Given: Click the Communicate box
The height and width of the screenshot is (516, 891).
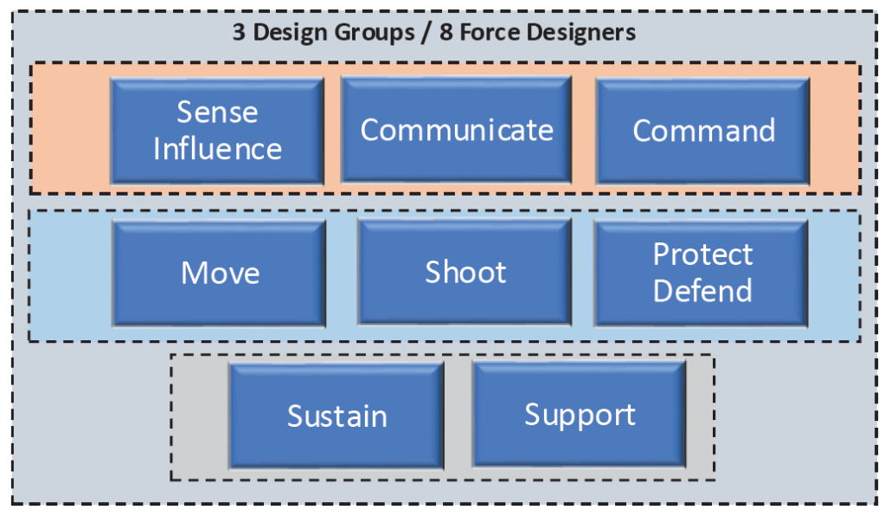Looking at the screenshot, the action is (456, 130).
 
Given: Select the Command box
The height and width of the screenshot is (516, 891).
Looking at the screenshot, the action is (703, 131).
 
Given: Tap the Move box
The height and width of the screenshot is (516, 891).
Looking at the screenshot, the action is (220, 273).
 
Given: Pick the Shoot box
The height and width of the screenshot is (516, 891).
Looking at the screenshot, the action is (465, 272).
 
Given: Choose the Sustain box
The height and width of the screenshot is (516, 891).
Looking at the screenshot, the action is (337, 416).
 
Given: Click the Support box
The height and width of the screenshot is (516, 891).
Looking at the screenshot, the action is (580, 414).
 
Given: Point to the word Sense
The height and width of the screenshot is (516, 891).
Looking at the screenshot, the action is (217, 112).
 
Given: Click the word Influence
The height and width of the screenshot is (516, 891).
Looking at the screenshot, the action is (218, 149).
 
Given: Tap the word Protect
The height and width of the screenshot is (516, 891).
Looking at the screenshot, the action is (703, 254).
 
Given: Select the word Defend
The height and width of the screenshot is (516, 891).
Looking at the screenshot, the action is (703, 291).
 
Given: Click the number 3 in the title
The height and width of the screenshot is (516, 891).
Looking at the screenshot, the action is (240, 32).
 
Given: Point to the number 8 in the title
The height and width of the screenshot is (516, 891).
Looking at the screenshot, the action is (446, 32).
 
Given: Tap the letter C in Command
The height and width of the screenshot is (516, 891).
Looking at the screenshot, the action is (643, 131).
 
